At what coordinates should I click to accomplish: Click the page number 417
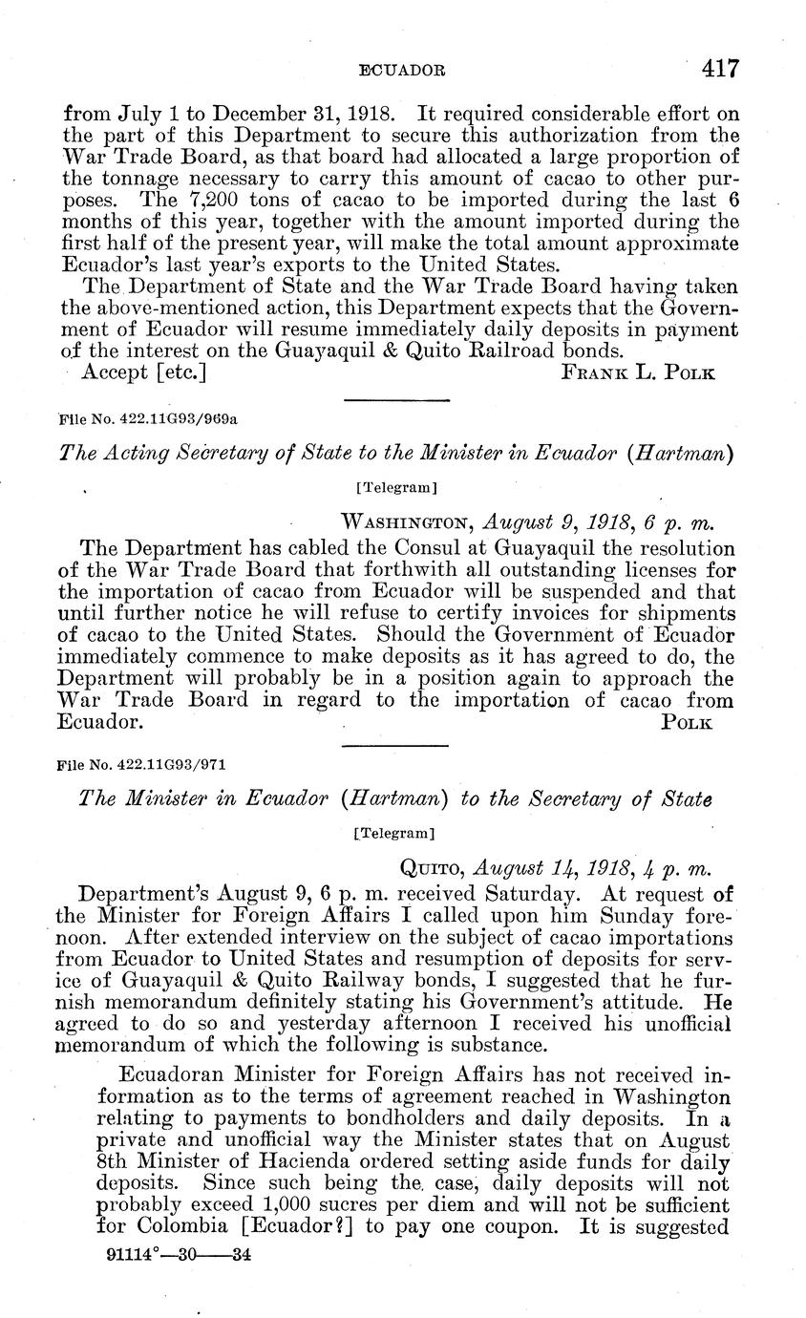[720, 67]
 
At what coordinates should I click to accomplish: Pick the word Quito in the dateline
[430, 866]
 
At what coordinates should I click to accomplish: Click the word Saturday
[529, 895]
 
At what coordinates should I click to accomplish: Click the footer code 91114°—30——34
[180, 1256]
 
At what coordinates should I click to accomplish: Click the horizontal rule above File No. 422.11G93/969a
[396, 400]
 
